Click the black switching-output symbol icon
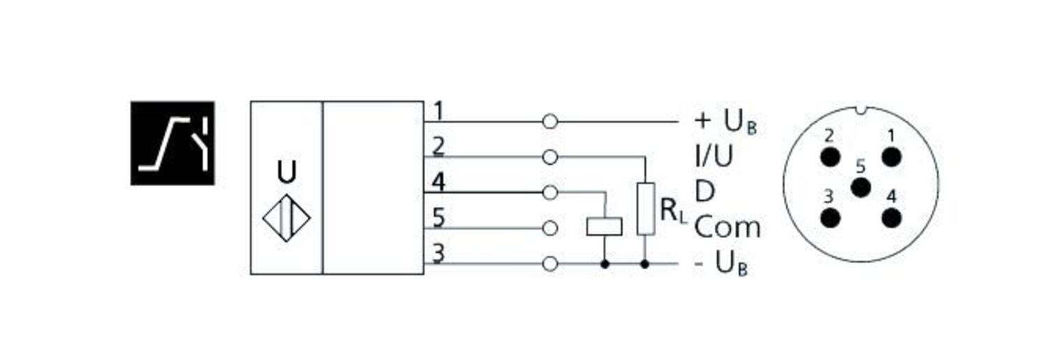click(x=172, y=143)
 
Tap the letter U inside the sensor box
click(x=287, y=172)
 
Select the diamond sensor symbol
click(x=287, y=218)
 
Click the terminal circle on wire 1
click(x=550, y=122)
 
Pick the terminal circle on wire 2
click(x=550, y=157)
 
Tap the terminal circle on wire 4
click(x=550, y=192)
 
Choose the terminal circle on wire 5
click(x=550, y=227)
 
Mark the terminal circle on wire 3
click(x=550, y=264)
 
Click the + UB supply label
click(x=725, y=122)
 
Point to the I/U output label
click(x=713, y=157)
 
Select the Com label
click(x=727, y=227)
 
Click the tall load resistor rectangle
click(x=646, y=209)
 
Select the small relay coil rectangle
click(x=604, y=227)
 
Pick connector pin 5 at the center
click(x=861, y=187)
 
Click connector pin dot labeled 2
click(x=829, y=156)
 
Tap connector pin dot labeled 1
click(x=891, y=156)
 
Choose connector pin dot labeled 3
click(x=829, y=218)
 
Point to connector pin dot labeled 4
click(x=891, y=218)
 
